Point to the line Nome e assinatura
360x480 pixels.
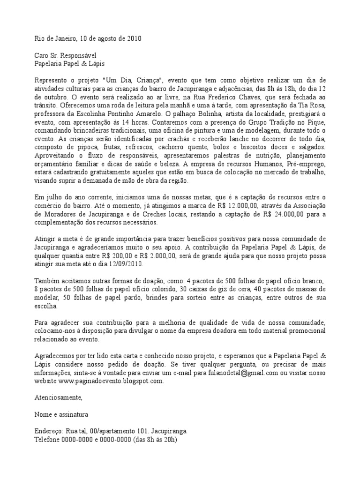tap(61, 415)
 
